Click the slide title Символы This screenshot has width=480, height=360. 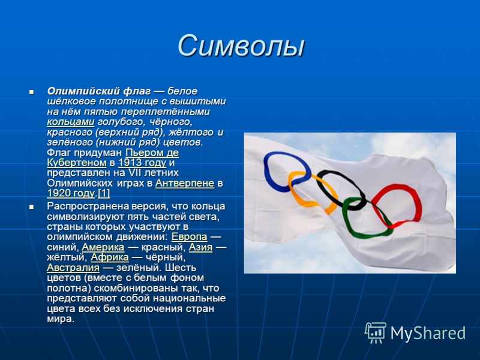pyautogui.click(x=241, y=46)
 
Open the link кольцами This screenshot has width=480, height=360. pyautogui.click(x=71, y=122)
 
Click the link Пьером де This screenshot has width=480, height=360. pyautogui.click(x=152, y=152)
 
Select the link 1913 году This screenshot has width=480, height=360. pyautogui.click(x=142, y=163)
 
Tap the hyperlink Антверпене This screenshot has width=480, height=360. pyautogui.click(x=185, y=183)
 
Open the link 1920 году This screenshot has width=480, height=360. pyautogui.click(x=71, y=193)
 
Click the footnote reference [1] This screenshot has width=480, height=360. pyautogui.click(x=104, y=193)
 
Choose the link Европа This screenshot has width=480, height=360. pyautogui.click(x=189, y=236)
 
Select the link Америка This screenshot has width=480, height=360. pyautogui.click(x=103, y=247)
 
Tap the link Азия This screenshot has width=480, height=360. pyautogui.click(x=200, y=247)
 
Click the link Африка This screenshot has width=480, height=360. pyautogui.click(x=110, y=257)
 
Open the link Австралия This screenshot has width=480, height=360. pyautogui.click(x=73, y=268)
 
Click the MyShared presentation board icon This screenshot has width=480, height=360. pyautogui.click(x=376, y=333)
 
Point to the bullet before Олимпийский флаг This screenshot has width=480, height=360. pyautogui.click(x=31, y=92)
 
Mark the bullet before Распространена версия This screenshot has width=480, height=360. pyautogui.click(x=31, y=207)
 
